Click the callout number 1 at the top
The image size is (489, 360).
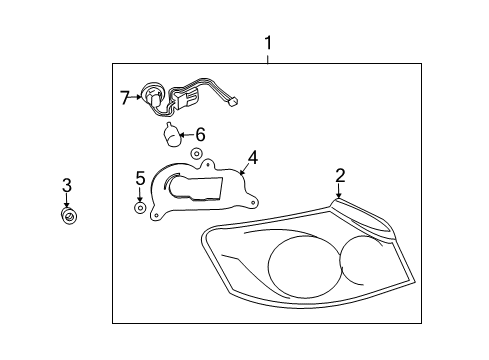pos(268,43)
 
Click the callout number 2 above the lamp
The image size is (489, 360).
pos(340,176)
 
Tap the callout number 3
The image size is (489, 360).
pos(67,184)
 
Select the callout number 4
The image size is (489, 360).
pos(253,156)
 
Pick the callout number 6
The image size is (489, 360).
pos(200,134)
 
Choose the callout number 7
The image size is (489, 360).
pos(125,97)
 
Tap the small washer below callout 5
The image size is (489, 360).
pos(140,208)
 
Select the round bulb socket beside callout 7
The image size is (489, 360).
pos(153,97)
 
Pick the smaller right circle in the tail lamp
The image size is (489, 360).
pos(362,262)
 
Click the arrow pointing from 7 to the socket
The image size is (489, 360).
pos(137,97)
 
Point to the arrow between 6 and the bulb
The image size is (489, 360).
pos(187,134)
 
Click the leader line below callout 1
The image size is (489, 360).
pos(268,57)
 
